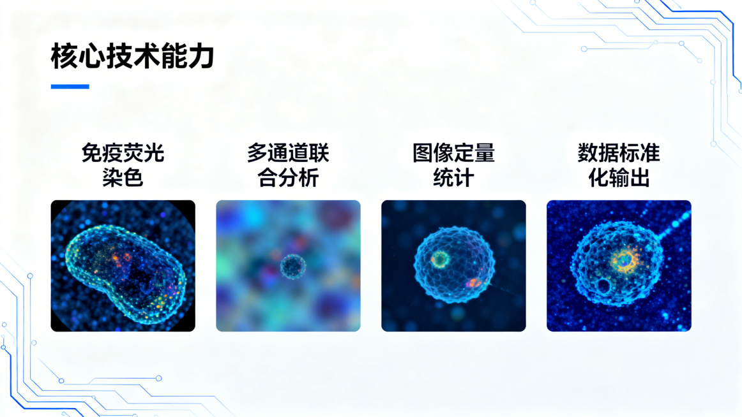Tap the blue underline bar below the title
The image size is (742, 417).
point(70,87)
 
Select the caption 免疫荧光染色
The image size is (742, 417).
point(123,165)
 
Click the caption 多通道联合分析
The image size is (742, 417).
point(288,165)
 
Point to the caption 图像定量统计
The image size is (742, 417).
point(453,165)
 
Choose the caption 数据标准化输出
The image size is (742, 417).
point(619,165)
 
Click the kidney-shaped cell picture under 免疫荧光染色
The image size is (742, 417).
point(123,266)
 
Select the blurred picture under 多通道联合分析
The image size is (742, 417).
point(288,266)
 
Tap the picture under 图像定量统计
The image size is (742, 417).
point(453,266)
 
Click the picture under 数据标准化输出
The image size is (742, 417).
point(619,266)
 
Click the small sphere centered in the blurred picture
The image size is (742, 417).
point(292,266)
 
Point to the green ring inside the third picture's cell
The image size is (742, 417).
point(440,259)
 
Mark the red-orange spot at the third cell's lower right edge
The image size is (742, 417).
point(474,282)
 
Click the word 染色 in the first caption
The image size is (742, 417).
point(123,177)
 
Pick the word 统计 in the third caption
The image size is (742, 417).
point(453,177)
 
